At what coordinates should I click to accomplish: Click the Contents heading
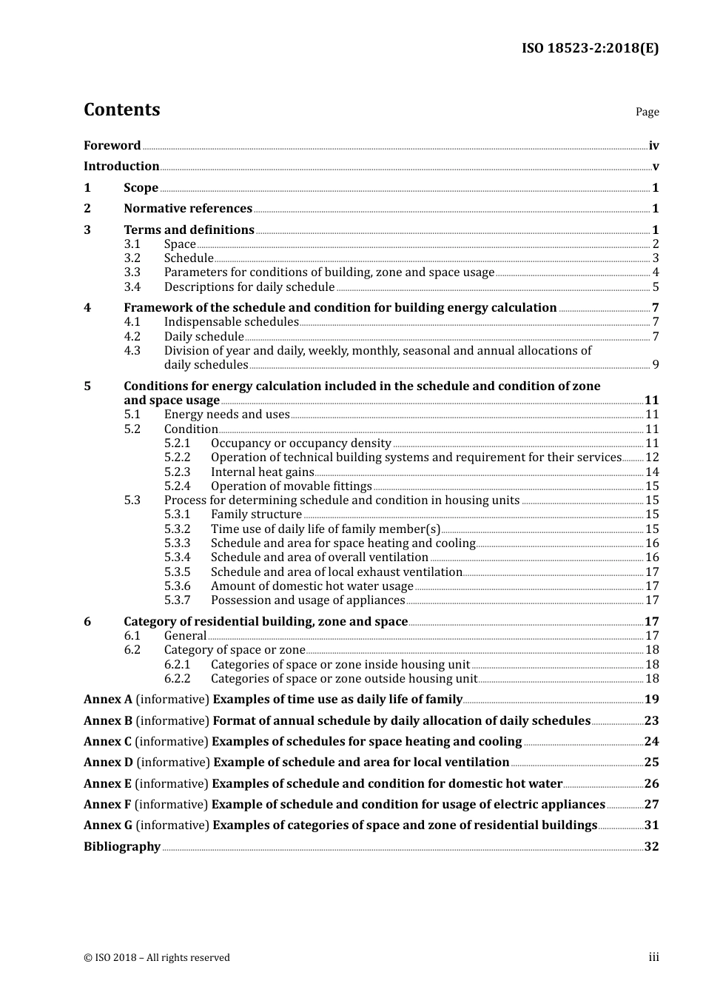(121, 110)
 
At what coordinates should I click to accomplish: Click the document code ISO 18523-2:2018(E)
(590, 48)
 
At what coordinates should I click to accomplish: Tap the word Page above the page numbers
(647, 112)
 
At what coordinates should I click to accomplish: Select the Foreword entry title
(112, 146)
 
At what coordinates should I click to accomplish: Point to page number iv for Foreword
(653, 146)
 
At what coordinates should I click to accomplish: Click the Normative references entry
(188, 209)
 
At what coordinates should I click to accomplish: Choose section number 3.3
(132, 272)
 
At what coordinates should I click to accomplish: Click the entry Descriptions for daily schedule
(249, 287)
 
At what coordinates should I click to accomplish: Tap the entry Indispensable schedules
(231, 322)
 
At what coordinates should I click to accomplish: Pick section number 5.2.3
(178, 472)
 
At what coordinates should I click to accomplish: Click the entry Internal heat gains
(262, 472)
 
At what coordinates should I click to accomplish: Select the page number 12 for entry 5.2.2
(652, 458)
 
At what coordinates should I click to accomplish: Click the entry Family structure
(256, 515)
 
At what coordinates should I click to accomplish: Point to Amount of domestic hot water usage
(312, 586)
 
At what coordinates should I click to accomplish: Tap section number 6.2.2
(178, 679)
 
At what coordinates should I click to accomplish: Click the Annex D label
(108, 763)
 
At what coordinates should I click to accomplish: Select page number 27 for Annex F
(651, 805)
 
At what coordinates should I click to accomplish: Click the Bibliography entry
(122, 847)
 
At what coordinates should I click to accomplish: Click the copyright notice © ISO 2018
(157, 958)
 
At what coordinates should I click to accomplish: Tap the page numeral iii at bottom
(653, 957)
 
